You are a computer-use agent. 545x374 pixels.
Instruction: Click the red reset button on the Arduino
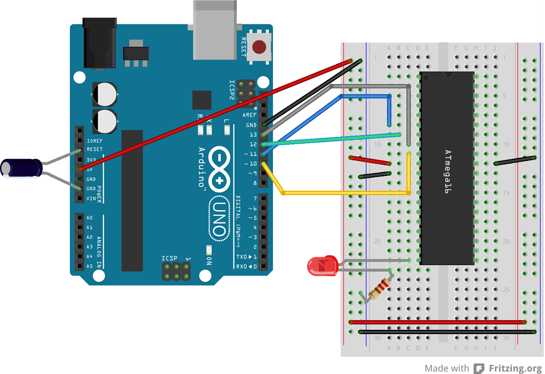(x=259, y=47)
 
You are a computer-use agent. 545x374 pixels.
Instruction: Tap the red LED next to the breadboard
(x=321, y=265)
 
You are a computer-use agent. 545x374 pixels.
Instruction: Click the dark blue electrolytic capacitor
(x=22, y=167)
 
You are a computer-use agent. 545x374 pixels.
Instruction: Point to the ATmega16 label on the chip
(x=448, y=170)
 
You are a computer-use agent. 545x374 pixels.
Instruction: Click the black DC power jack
(x=100, y=43)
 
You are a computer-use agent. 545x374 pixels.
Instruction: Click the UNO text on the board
(x=219, y=217)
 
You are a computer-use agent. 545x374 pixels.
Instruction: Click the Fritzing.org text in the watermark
(x=515, y=368)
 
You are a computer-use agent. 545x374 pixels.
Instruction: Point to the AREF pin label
(x=249, y=115)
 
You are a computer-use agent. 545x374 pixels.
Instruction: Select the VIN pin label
(x=92, y=198)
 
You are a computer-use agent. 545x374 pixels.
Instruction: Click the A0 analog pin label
(x=89, y=218)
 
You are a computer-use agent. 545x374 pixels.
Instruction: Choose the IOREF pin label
(x=94, y=141)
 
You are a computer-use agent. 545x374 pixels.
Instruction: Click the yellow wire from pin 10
(x=346, y=192)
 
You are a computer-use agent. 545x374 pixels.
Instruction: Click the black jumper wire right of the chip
(x=514, y=161)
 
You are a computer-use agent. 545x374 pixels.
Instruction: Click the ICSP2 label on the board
(x=232, y=89)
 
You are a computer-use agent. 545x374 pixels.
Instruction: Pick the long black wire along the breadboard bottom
(x=447, y=331)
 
